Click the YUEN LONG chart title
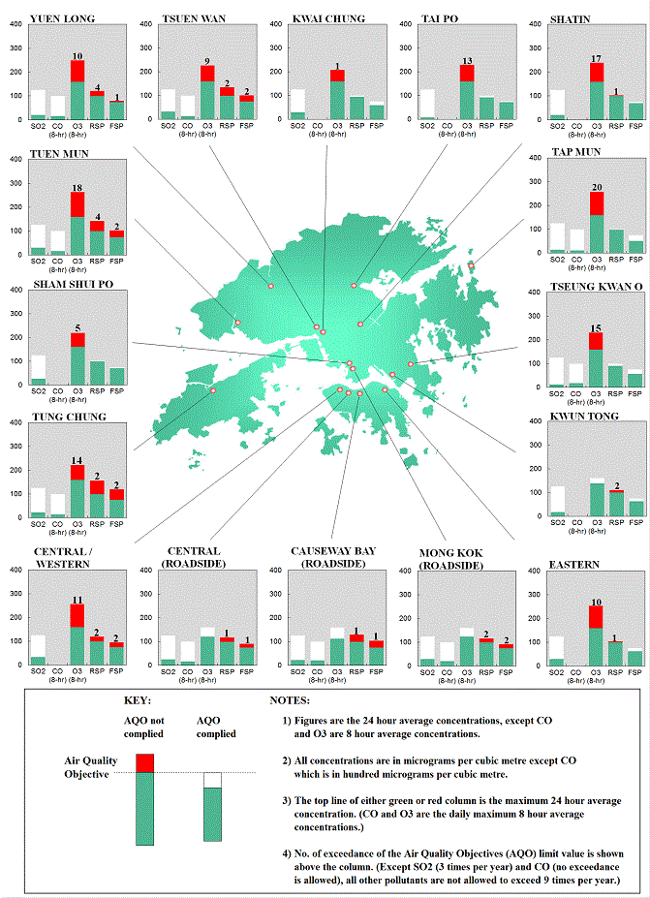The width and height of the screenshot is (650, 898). coord(56,17)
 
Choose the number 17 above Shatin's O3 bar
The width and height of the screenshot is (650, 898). coord(597,57)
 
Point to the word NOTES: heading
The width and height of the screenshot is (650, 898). coord(289,699)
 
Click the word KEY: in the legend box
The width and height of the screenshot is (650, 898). coord(139,699)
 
